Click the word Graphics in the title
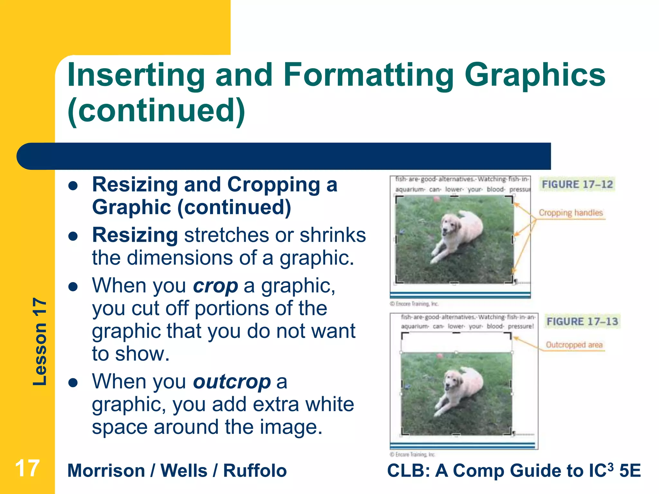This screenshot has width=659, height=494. [x=534, y=75]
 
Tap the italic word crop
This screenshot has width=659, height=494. [x=215, y=286]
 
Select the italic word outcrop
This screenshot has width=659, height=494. [x=232, y=382]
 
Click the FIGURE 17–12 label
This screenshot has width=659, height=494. [x=577, y=184]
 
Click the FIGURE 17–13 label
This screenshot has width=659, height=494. [x=582, y=321]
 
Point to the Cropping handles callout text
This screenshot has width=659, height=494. [x=571, y=213]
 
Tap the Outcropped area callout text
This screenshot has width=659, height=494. [x=574, y=345]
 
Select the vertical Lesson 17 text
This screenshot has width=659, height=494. [x=40, y=342]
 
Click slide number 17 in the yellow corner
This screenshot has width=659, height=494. [x=27, y=468]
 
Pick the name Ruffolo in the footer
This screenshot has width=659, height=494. [x=255, y=471]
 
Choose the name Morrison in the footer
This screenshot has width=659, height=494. [x=106, y=471]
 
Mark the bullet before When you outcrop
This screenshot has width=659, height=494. [x=73, y=383]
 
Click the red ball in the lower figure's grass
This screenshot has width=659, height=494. [x=440, y=356]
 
